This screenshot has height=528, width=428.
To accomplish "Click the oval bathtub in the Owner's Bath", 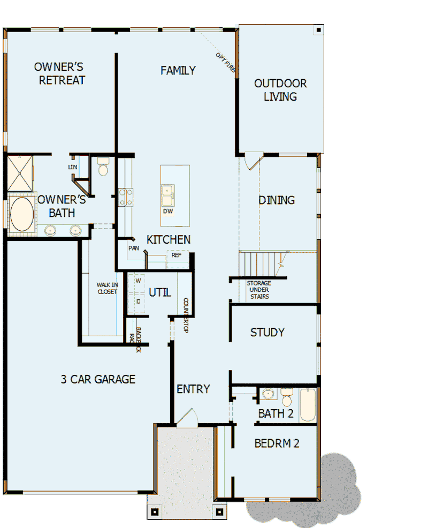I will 22,215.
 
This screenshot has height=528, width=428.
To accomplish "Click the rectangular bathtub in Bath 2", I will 308,405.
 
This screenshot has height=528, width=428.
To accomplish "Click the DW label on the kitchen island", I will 168,211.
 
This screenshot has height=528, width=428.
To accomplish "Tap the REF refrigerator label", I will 176,255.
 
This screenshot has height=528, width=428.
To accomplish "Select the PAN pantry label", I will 133,248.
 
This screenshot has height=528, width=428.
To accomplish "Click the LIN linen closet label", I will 73,167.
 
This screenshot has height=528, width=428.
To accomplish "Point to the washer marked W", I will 137,280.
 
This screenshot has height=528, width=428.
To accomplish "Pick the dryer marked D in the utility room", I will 137,301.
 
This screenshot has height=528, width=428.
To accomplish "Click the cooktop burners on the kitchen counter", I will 126,197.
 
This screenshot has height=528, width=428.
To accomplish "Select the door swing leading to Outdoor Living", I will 253,161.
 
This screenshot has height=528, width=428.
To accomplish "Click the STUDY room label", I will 267,333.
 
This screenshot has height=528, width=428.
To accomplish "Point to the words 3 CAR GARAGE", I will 98,379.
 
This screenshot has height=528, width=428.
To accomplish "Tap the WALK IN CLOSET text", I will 107,288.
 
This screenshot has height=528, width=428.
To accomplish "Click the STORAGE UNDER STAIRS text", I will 258,290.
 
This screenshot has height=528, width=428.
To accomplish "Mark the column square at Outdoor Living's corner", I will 319,29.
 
